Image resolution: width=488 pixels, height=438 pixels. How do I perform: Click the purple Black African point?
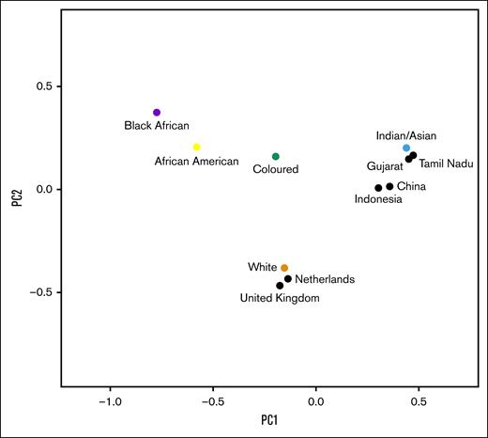click(157, 113)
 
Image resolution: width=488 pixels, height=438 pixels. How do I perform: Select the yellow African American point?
click(196, 147)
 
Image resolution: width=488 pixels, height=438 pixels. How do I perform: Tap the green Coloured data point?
click(276, 156)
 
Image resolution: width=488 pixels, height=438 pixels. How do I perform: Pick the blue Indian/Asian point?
click(406, 148)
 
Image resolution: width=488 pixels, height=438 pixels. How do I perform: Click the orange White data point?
click(284, 268)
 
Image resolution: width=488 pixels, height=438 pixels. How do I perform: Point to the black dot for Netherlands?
click(288, 278)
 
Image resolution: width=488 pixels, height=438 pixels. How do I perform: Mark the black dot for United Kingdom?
click(280, 285)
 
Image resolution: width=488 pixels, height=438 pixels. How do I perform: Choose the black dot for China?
click(389, 186)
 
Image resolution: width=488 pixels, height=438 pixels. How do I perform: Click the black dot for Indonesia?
click(378, 188)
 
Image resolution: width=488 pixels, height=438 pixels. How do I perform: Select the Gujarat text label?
click(385, 165)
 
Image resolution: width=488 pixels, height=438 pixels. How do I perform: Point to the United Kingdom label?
click(279, 298)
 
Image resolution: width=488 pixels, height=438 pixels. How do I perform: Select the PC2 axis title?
click(15, 199)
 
